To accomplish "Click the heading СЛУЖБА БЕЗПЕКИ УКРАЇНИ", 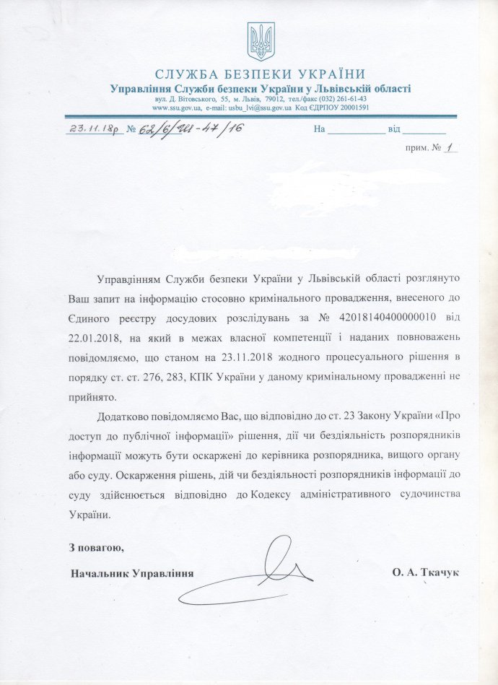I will [x=260, y=74].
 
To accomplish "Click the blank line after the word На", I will [x=357, y=131].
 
